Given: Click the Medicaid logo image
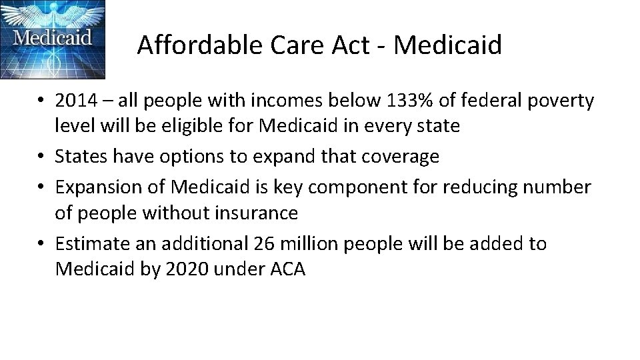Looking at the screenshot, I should click(x=53, y=39).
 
